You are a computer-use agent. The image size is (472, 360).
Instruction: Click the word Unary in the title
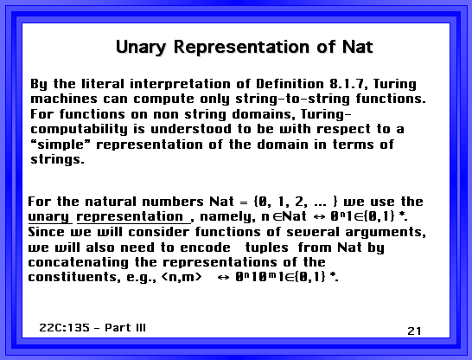(x=141, y=48)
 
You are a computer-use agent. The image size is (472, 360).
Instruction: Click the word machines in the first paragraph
(x=64, y=99)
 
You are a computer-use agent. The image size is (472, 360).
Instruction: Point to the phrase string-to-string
(x=292, y=100)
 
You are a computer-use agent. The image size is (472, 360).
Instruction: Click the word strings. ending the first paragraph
(x=58, y=159)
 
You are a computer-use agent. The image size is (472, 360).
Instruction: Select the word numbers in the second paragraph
(x=173, y=202)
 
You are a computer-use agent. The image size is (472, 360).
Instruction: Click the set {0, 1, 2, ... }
(x=297, y=202)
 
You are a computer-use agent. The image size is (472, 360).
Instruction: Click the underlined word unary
(x=49, y=217)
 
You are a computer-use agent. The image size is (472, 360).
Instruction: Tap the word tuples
(x=267, y=248)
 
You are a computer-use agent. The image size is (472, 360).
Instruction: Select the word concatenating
(x=79, y=263)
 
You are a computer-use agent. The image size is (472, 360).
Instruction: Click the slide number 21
(x=414, y=331)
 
